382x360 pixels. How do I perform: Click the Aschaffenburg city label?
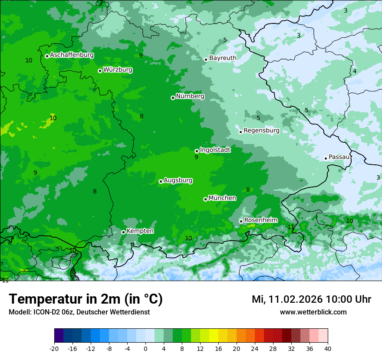click(72, 55)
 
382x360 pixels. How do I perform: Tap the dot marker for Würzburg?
click(100, 71)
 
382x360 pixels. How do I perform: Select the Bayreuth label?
click(223, 58)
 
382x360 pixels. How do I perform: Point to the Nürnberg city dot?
click(173, 98)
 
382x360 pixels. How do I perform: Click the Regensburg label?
click(261, 131)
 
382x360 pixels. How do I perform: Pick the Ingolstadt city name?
click(215, 150)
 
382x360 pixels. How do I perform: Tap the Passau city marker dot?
click(326, 158)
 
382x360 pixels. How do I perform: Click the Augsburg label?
click(178, 180)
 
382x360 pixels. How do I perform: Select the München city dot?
click(205, 199)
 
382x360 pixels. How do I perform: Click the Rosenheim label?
click(260, 220)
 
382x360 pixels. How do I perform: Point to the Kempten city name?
click(140, 231)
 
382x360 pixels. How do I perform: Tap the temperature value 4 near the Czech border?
click(355, 71)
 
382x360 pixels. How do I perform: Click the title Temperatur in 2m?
click(86, 299)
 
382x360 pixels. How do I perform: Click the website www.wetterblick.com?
click(313, 312)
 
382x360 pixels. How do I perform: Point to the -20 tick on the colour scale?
click(54, 348)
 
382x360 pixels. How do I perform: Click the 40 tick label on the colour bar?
click(328, 348)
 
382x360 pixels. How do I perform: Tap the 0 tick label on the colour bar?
click(145, 348)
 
